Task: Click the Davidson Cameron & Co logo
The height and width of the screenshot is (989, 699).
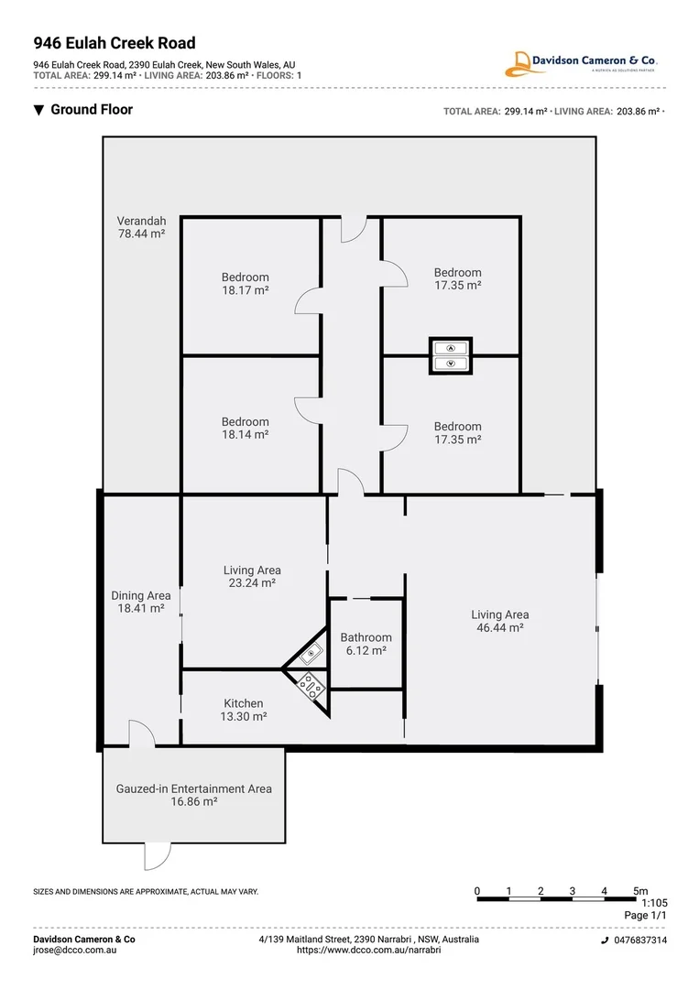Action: point(582,63)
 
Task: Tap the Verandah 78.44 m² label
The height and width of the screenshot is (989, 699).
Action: point(141,227)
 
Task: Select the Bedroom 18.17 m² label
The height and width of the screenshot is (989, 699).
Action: point(246,284)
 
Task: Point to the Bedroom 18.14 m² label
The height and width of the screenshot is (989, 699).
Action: point(246,429)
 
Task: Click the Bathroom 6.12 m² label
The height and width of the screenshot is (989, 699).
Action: point(366,644)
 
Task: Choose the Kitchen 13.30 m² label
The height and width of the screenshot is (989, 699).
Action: point(244,710)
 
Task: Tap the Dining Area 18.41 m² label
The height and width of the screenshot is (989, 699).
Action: point(141,602)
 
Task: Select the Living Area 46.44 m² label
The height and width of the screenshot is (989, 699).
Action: point(499,621)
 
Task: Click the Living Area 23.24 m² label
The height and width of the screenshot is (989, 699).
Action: point(252,576)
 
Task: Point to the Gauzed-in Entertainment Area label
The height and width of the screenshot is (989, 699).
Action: point(194,795)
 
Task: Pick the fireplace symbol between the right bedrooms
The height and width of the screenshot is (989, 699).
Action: point(451,355)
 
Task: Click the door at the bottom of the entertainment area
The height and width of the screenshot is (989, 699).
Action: point(157,855)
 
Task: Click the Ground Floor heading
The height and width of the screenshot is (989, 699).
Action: point(91,110)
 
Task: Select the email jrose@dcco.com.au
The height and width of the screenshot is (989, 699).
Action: point(74,951)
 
